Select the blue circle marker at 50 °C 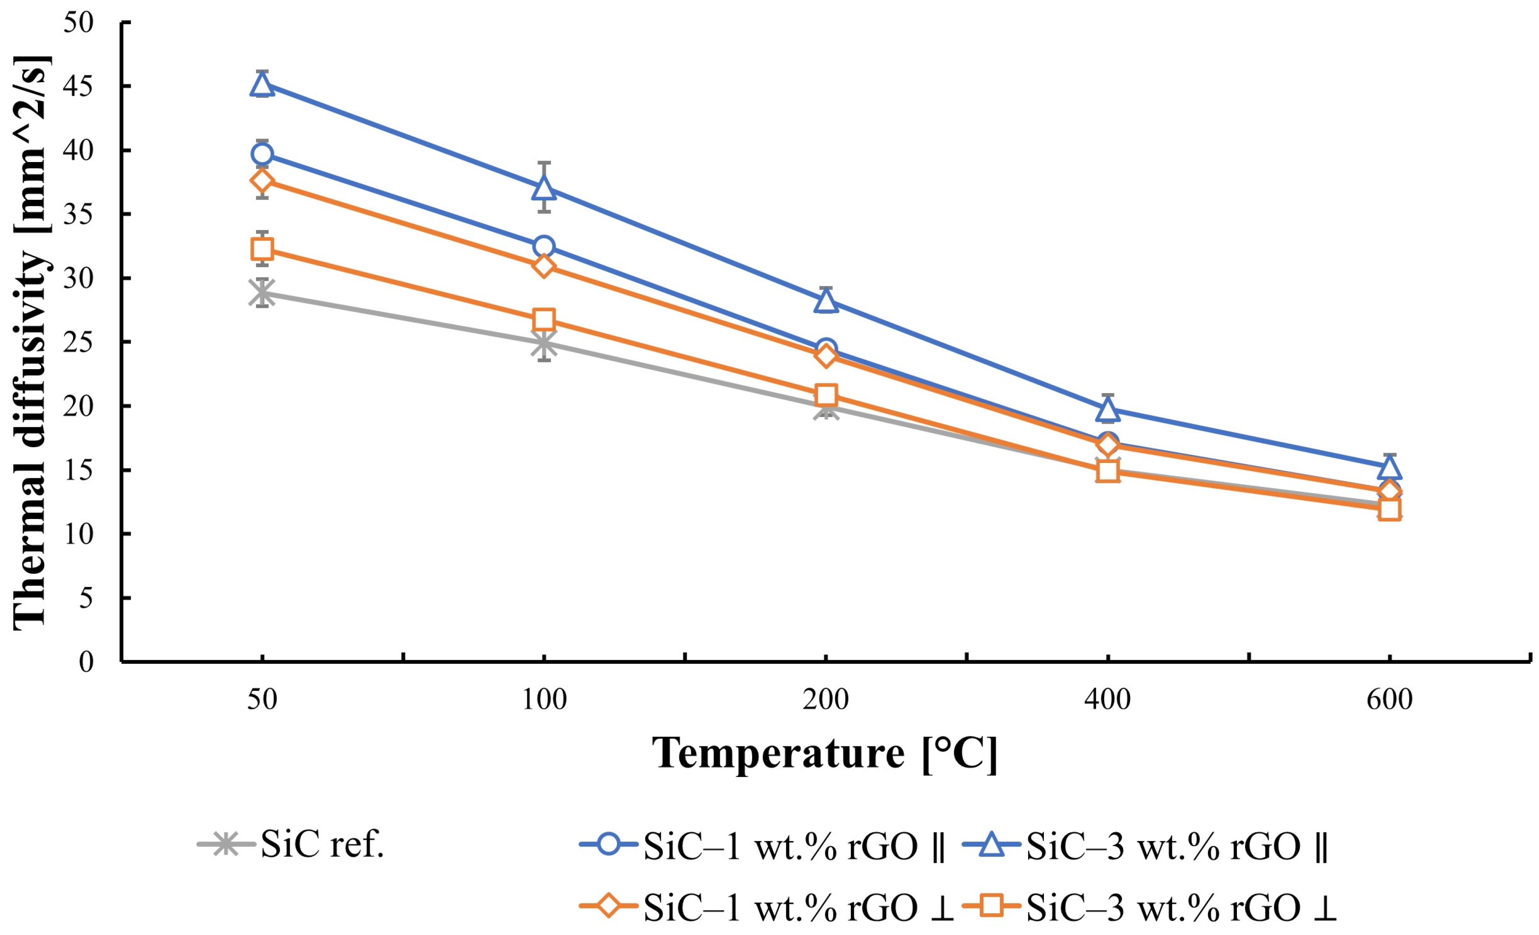click(x=262, y=154)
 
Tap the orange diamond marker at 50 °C click(x=262, y=181)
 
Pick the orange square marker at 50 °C click(x=262, y=249)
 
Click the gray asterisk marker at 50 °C click(x=262, y=292)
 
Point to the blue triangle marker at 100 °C click(x=544, y=188)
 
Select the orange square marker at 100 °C click(x=544, y=319)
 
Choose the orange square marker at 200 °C click(x=826, y=395)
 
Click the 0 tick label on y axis click(x=86, y=661)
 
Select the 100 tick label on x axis click(x=544, y=700)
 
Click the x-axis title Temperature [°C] click(x=824, y=754)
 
